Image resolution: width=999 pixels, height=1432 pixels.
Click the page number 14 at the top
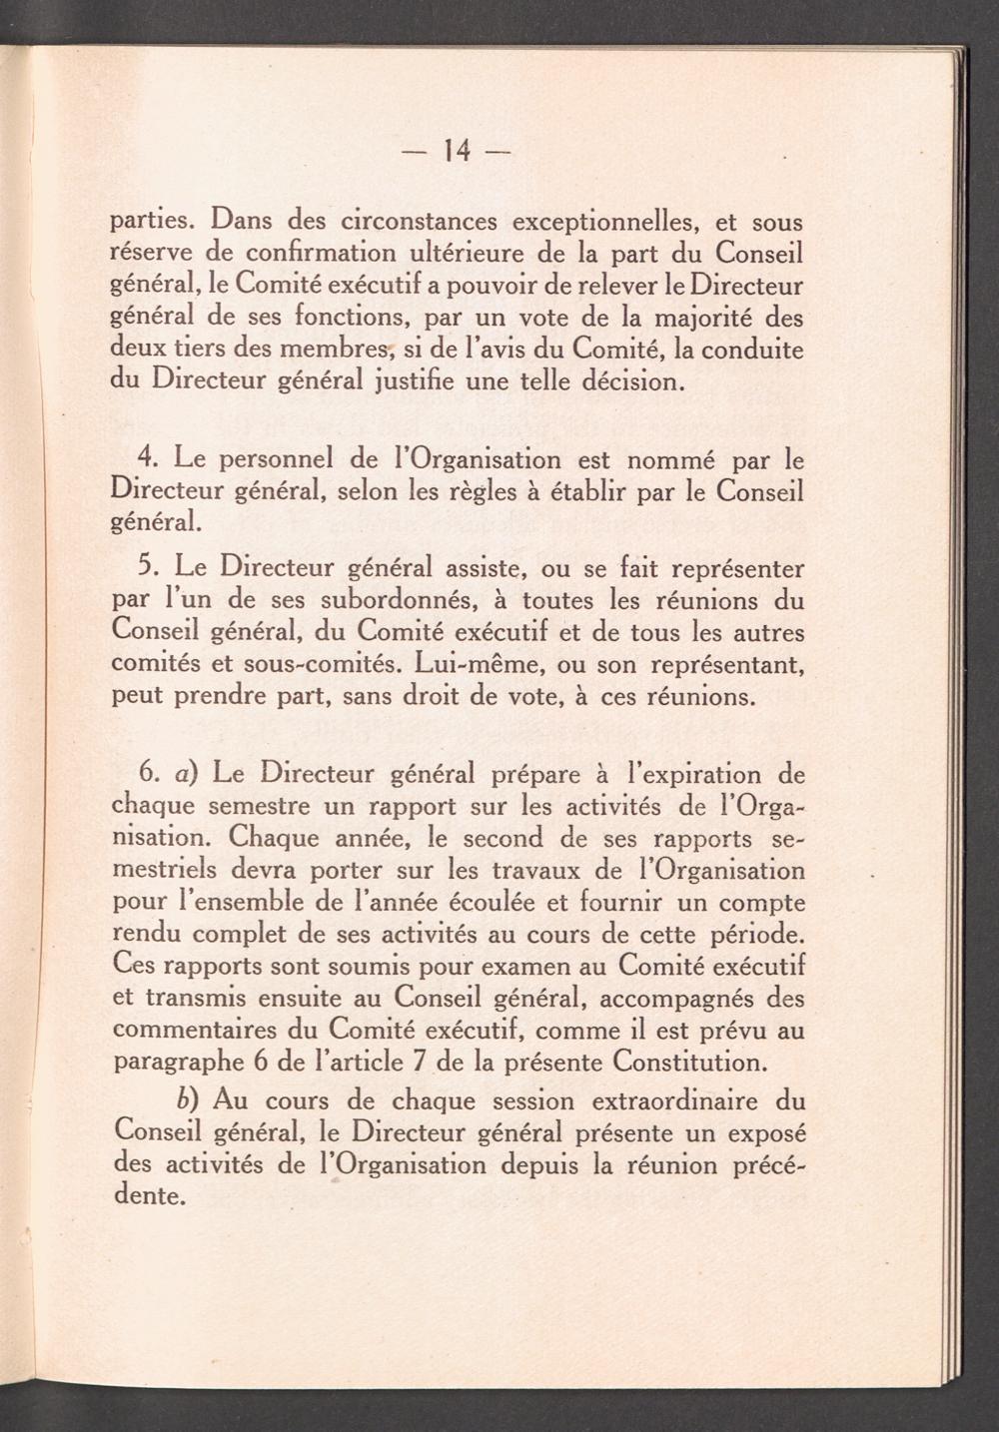click(456, 151)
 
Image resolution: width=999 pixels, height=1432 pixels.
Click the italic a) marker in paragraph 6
click(186, 774)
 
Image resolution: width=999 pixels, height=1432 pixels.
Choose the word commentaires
click(187, 1030)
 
